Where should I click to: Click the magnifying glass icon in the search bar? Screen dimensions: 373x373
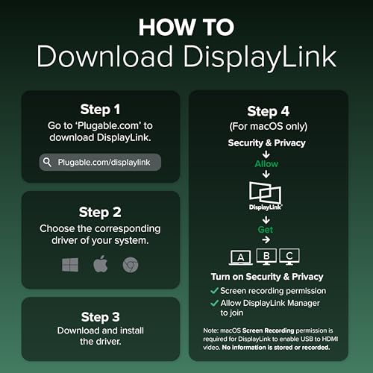[47, 162]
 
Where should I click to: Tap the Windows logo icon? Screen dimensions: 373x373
[70, 265]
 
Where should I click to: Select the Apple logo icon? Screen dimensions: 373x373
[101, 264]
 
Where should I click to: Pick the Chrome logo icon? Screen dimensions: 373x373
[131, 265]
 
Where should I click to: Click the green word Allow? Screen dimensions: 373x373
[266, 164]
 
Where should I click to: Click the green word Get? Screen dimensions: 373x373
[266, 230]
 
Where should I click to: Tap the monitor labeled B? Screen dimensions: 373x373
[266, 257]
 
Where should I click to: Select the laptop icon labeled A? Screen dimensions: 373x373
[241, 257]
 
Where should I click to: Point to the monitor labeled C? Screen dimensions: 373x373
[289, 257]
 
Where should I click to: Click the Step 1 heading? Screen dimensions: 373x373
[100, 110]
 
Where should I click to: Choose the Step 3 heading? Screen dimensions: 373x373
[101, 317]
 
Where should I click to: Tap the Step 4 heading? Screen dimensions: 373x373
[269, 111]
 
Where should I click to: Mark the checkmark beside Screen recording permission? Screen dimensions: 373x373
[214, 290]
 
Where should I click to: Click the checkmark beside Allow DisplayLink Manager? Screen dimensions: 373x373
[214, 303]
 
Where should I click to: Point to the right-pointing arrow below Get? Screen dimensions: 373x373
[266, 239]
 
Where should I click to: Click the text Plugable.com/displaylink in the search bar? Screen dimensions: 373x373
[104, 163]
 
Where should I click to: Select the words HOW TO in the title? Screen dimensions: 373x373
[186, 27]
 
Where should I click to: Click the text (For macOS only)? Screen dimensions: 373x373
[269, 126]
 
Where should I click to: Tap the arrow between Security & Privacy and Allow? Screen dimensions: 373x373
[266, 154]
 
